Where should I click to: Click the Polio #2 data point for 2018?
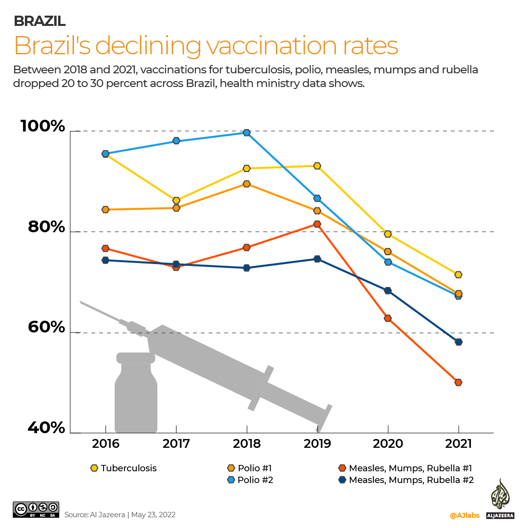click(x=247, y=132)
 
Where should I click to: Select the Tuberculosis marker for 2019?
click(x=317, y=166)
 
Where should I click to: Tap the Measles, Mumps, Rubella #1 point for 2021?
click(x=458, y=382)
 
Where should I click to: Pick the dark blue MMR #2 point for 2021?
click(x=458, y=342)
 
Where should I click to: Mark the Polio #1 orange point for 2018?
click(x=247, y=184)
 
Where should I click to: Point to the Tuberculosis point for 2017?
click(x=176, y=200)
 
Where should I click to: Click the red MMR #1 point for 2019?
click(x=317, y=224)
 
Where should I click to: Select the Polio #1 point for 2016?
click(x=106, y=210)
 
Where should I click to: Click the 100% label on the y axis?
click(x=43, y=126)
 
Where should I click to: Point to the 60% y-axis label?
click(x=46, y=327)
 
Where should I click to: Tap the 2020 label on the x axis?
click(x=388, y=444)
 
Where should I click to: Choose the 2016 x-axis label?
click(x=106, y=444)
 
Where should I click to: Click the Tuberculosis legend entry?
click(x=124, y=468)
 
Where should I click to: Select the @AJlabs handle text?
click(x=465, y=515)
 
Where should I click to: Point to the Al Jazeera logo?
click(x=500, y=499)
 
